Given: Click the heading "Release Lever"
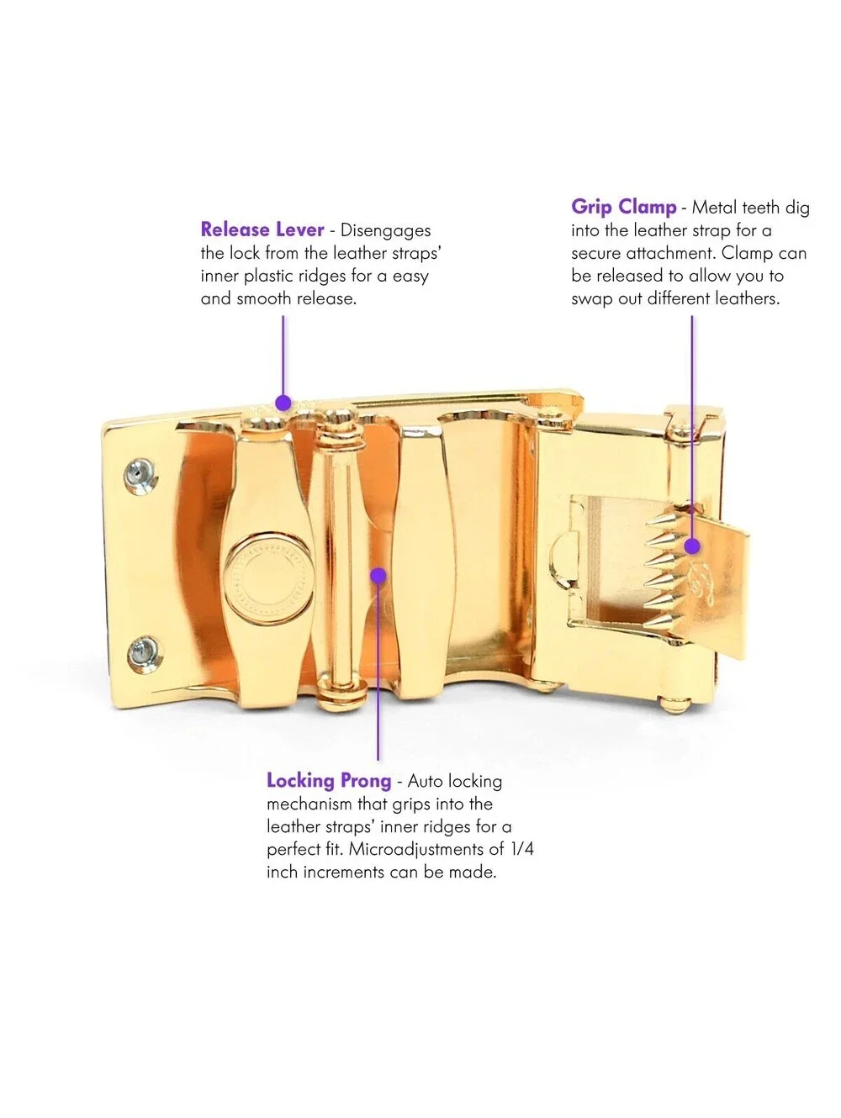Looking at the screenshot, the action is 262,229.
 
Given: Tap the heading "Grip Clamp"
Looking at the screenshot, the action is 623,208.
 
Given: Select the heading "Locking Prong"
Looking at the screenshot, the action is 329,781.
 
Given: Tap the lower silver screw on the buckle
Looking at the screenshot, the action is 144,654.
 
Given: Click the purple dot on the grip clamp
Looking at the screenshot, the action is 692,546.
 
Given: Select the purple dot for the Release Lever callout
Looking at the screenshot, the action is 283,403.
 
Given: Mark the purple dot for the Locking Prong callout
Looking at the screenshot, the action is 378,576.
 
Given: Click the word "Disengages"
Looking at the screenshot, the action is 386,230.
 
